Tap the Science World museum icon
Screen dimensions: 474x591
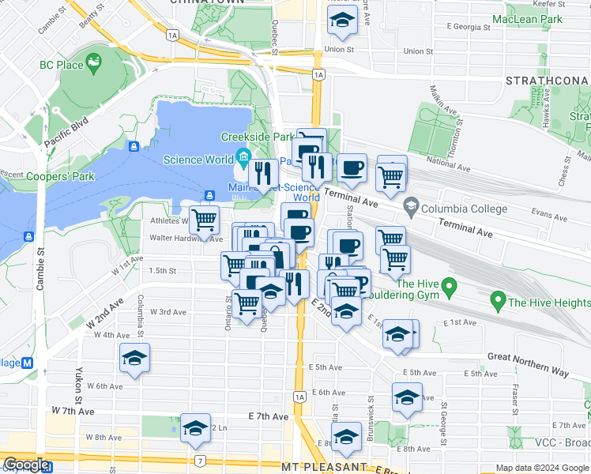coord(243,160)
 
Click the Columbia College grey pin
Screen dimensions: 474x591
coord(411,208)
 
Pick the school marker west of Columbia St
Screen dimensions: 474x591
coord(134,359)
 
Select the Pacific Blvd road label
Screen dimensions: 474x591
coord(65,134)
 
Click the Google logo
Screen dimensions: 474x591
coord(26,465)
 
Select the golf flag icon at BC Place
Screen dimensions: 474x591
coord(94,61)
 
